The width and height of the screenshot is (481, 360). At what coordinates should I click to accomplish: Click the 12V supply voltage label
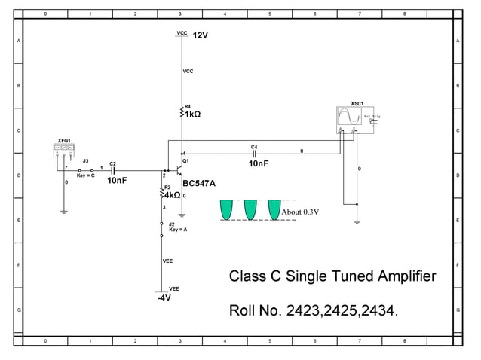(200, 35)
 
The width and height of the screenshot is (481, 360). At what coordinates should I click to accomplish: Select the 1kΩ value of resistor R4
(193, 114)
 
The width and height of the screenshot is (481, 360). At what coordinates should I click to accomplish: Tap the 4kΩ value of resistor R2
(172, 194)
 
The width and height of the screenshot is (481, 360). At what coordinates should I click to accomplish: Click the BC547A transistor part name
(199, 183)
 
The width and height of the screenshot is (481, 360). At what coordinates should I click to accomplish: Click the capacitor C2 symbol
(112, 171)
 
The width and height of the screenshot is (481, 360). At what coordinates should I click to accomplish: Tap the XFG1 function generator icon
(64, 151)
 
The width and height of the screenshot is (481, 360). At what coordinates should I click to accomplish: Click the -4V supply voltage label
(164, 297)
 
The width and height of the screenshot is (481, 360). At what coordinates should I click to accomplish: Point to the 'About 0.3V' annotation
(300, 212)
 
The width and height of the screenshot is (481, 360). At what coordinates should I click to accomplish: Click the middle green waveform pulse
(250, 209)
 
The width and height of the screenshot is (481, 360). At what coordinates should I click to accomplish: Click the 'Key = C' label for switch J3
(85, 175)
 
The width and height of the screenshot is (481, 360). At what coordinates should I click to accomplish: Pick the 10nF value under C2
(117, 181)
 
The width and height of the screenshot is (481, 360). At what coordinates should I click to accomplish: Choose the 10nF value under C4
(258, 163)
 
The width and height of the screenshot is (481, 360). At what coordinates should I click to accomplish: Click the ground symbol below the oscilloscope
(356, 221)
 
